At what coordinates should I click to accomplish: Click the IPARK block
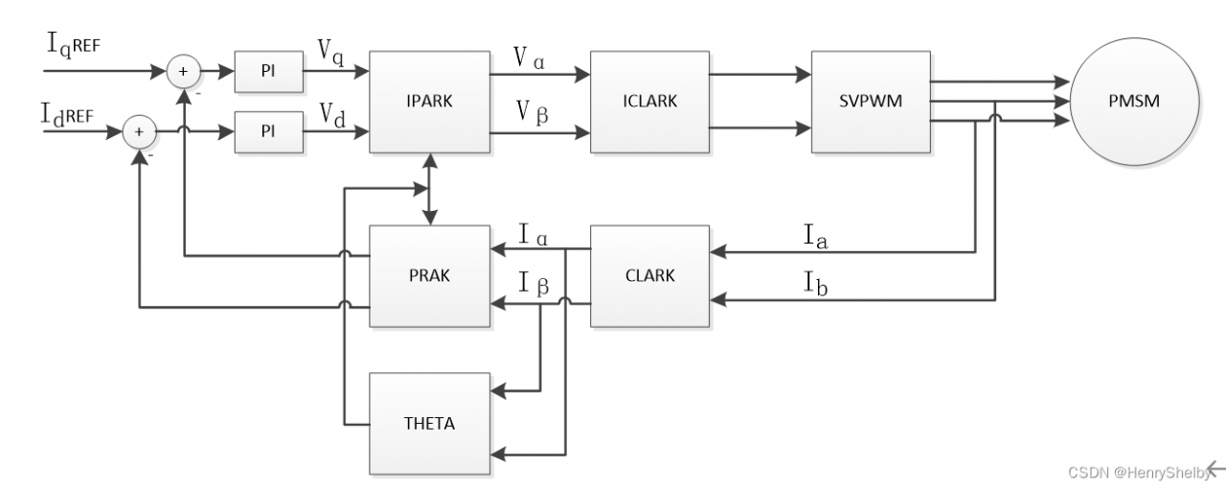(x=430, y=102)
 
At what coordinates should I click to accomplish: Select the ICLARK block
(x=649, y=102)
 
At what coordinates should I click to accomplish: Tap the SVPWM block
(x=871, y=102)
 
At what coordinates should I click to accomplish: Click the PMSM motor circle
(x=1135, y=102)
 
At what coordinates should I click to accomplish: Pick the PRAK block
(x=430, y=276)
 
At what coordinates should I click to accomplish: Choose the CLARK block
(x=649, y=276)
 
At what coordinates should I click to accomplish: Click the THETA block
(x=430, y=424)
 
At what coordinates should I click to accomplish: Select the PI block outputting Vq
(x=269, y=72)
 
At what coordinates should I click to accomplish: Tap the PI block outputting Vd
(x=269, y=132)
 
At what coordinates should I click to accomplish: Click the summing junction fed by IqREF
(x=183, y=71)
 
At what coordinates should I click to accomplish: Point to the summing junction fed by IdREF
(x=139, y=132)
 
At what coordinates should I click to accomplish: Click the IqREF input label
(x=74, y=45)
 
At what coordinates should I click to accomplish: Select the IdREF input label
(x=67, y=115)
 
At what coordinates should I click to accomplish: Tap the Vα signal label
(x=529, y=58)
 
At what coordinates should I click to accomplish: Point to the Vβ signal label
(x=532, y=113)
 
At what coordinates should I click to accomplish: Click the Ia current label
(x=815, y=237)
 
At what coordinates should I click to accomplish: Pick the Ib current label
(x=815, y=283)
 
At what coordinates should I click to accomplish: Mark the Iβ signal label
(x=534, y=284)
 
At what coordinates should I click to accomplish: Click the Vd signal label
(x=332, y=116)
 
